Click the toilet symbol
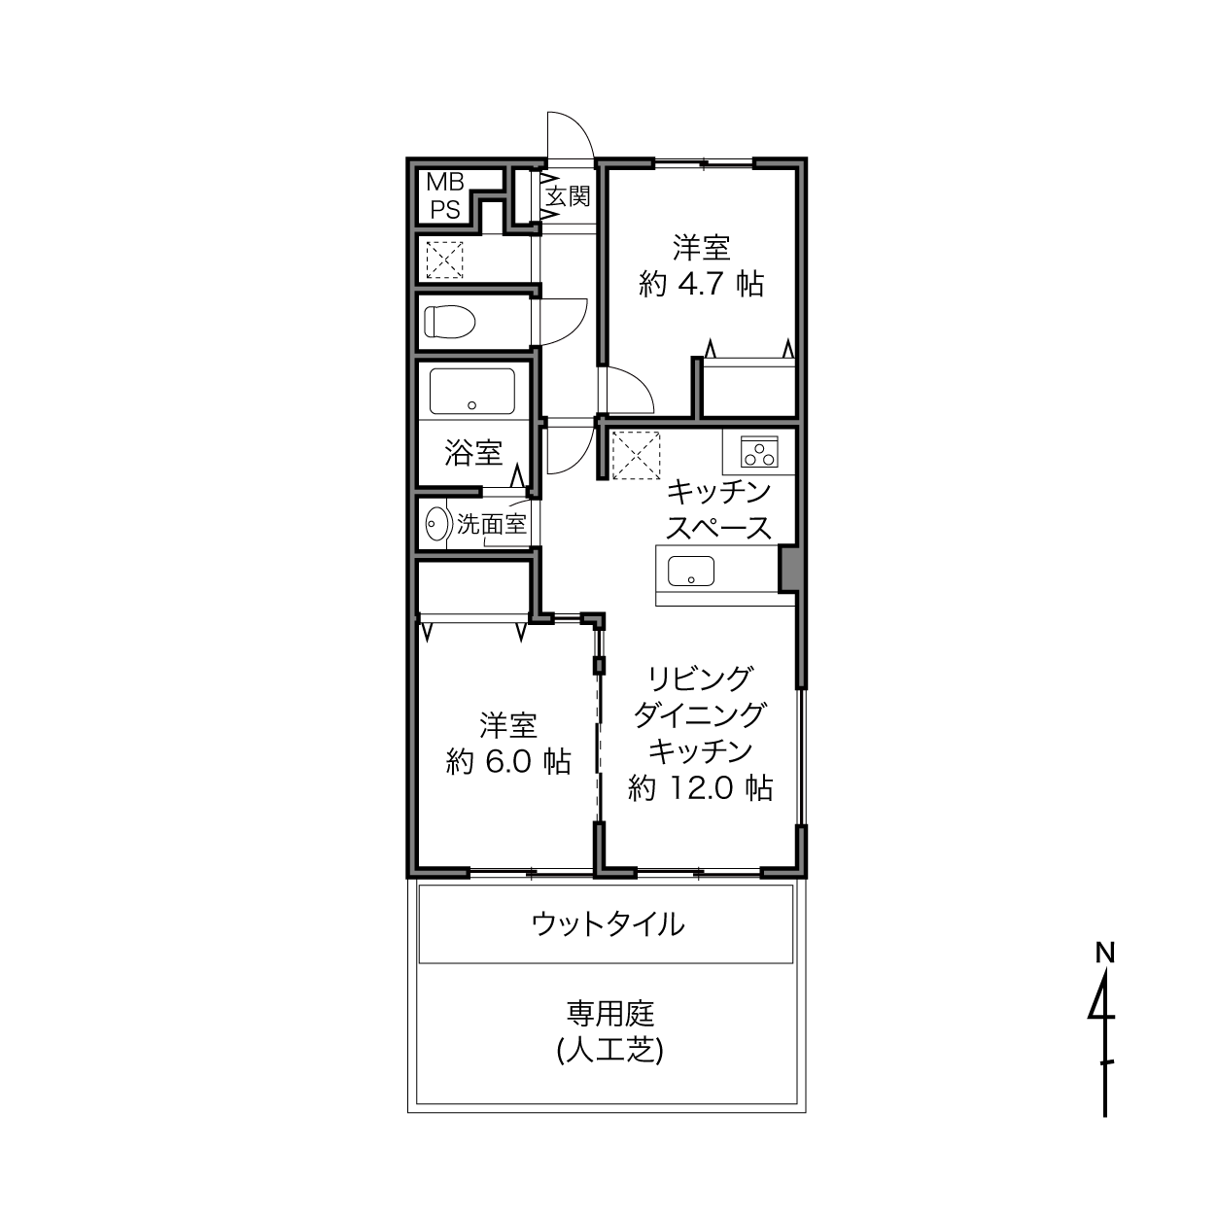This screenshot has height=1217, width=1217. pyautogui.click(x=449, y=322)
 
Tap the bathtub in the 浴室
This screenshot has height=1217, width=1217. pyautogui.click(x=471, y=392)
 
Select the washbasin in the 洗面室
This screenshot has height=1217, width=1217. pyautogui.click(x=436, y=524)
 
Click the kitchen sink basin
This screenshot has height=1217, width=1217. pyautogui.click(x=691, y=571)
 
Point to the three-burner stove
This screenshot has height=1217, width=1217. pyautogui.click(x=759, y=451)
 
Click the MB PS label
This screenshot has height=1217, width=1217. pyautogui.click(x=445, y=195)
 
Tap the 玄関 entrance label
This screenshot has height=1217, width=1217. pyautogui.click(x=568, y=196)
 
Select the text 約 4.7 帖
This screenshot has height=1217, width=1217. pyautogui.click(x=701, y=284)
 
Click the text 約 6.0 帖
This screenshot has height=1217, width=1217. pyautogui.click(x=508, y=761)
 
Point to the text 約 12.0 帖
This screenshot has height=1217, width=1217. pyautogui.click(x=701, y=787)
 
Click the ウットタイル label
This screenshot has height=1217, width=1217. pyautogui.click(x=608, y=924)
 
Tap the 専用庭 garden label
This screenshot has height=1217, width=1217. pyautogui.click(x=610, y=1014)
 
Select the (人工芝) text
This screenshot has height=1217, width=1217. pyautogui.click(x=610, y=1051)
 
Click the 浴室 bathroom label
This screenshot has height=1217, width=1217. pyautogui.click(x=473, y=452)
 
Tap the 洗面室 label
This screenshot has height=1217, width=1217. pyautogui.click(x=491, y=524)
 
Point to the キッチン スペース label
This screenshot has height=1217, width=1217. pyautogui.click(x=719, y=509)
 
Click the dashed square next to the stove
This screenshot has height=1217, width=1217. pyautogui.click(x=636, y=455)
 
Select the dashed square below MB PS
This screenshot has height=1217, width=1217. pyautogui.click(x=444, y=260)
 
